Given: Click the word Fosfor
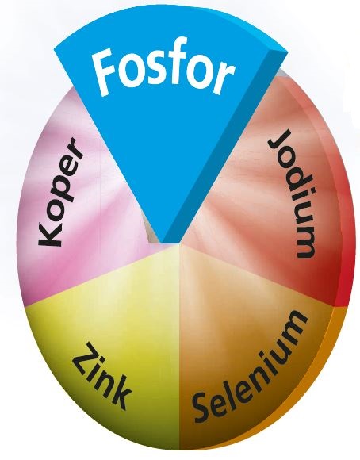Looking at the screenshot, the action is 163,72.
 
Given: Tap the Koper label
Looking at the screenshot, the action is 59,192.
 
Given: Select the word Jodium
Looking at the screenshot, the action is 293,194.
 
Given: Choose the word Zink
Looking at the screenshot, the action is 101,376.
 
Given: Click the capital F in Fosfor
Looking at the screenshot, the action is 104,73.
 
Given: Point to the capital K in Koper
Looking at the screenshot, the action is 50,232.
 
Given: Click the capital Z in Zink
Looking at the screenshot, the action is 83,356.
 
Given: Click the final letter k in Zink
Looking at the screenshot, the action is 119,396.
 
